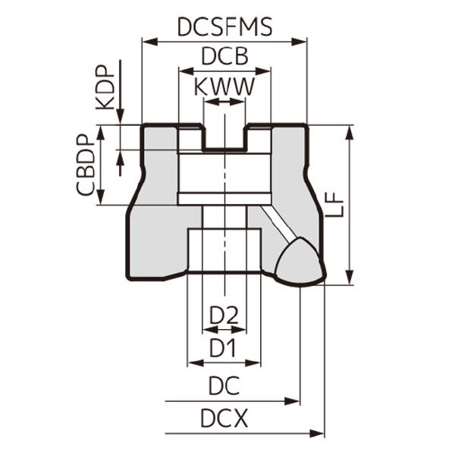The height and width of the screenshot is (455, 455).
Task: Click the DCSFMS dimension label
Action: (224, 27)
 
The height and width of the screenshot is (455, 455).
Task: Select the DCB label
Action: (224, 57)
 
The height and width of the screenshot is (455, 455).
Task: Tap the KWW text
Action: (224, 86)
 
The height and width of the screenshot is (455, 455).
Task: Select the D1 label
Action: (224, 349)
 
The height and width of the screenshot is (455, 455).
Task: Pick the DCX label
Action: (224, 418)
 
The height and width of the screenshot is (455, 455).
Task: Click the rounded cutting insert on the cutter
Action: (299, 262)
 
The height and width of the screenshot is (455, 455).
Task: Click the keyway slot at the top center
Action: (224, 137)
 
